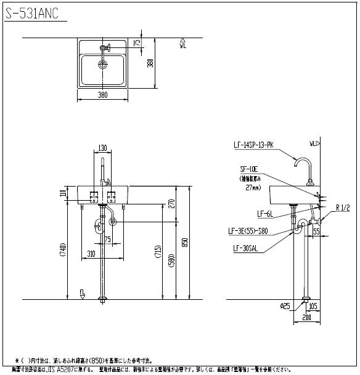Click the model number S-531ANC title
(32, 12)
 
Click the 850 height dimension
(184, 243)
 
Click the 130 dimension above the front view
(103, 148)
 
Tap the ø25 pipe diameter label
(285, 305)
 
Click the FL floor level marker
(81, 293)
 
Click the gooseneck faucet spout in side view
(303, 163)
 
